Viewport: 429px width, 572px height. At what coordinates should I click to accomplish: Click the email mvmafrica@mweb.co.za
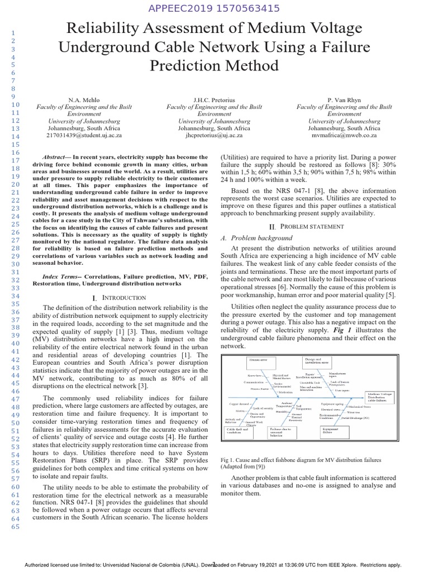pyautogui.click(x=345, y=135)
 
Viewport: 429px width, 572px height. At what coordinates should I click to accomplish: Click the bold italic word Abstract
pyautogui.click(x=57, y=158)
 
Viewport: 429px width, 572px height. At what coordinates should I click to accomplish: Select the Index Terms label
pyautogui.click(x=61, y=276)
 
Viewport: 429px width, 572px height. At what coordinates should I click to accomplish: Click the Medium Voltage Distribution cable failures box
pyautogui.click(x=382, y=397)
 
